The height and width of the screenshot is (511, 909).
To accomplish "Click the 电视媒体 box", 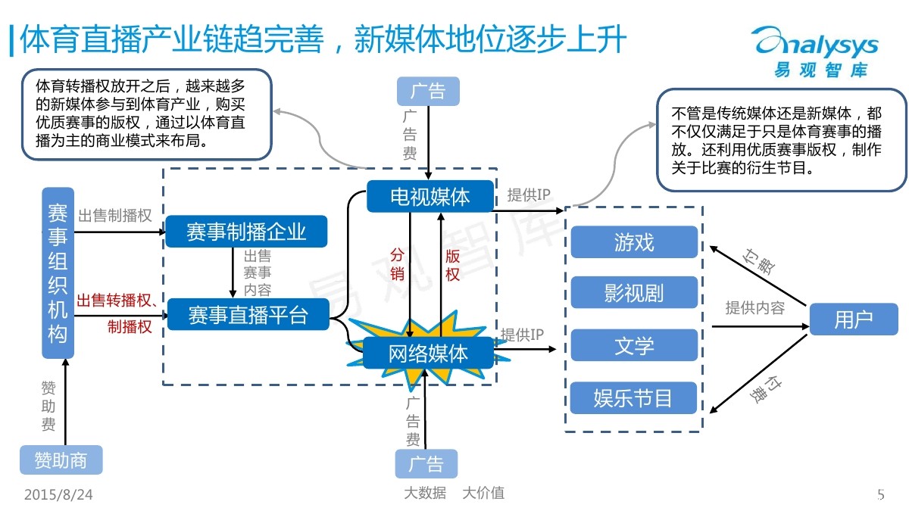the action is tap(430, 196).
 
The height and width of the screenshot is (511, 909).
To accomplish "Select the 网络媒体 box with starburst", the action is tap(428, 353).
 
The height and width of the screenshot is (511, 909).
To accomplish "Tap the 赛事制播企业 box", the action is tap(246, 232).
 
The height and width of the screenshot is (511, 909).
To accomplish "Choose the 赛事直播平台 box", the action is tap(248, 315).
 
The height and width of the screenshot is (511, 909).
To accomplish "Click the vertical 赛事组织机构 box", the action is tap(58, 273).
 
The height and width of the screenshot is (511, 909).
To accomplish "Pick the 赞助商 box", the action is tap(61, 460).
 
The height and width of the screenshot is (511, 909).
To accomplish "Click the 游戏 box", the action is tap(634, 242).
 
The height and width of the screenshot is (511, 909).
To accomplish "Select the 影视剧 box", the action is tap(634, 292).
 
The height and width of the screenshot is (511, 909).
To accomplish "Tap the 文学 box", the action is tap(634, 345).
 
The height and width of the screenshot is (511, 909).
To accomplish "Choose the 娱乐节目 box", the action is tap(633, 398).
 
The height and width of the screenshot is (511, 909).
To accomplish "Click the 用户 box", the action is tap(854, 319).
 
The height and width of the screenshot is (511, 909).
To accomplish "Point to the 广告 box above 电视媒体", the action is tap(428, 92).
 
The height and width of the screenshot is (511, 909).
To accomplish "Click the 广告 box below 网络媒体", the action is tap(426, 463).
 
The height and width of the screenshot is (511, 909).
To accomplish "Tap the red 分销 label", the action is tap(397, 264).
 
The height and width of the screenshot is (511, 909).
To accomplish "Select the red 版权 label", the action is tap(452, 265).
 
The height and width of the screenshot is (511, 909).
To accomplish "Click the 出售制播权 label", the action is tap(115, 215).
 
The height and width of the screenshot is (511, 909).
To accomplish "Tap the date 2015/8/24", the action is tap(58, 495).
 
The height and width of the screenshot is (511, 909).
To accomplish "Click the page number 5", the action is tap(880, 495).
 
